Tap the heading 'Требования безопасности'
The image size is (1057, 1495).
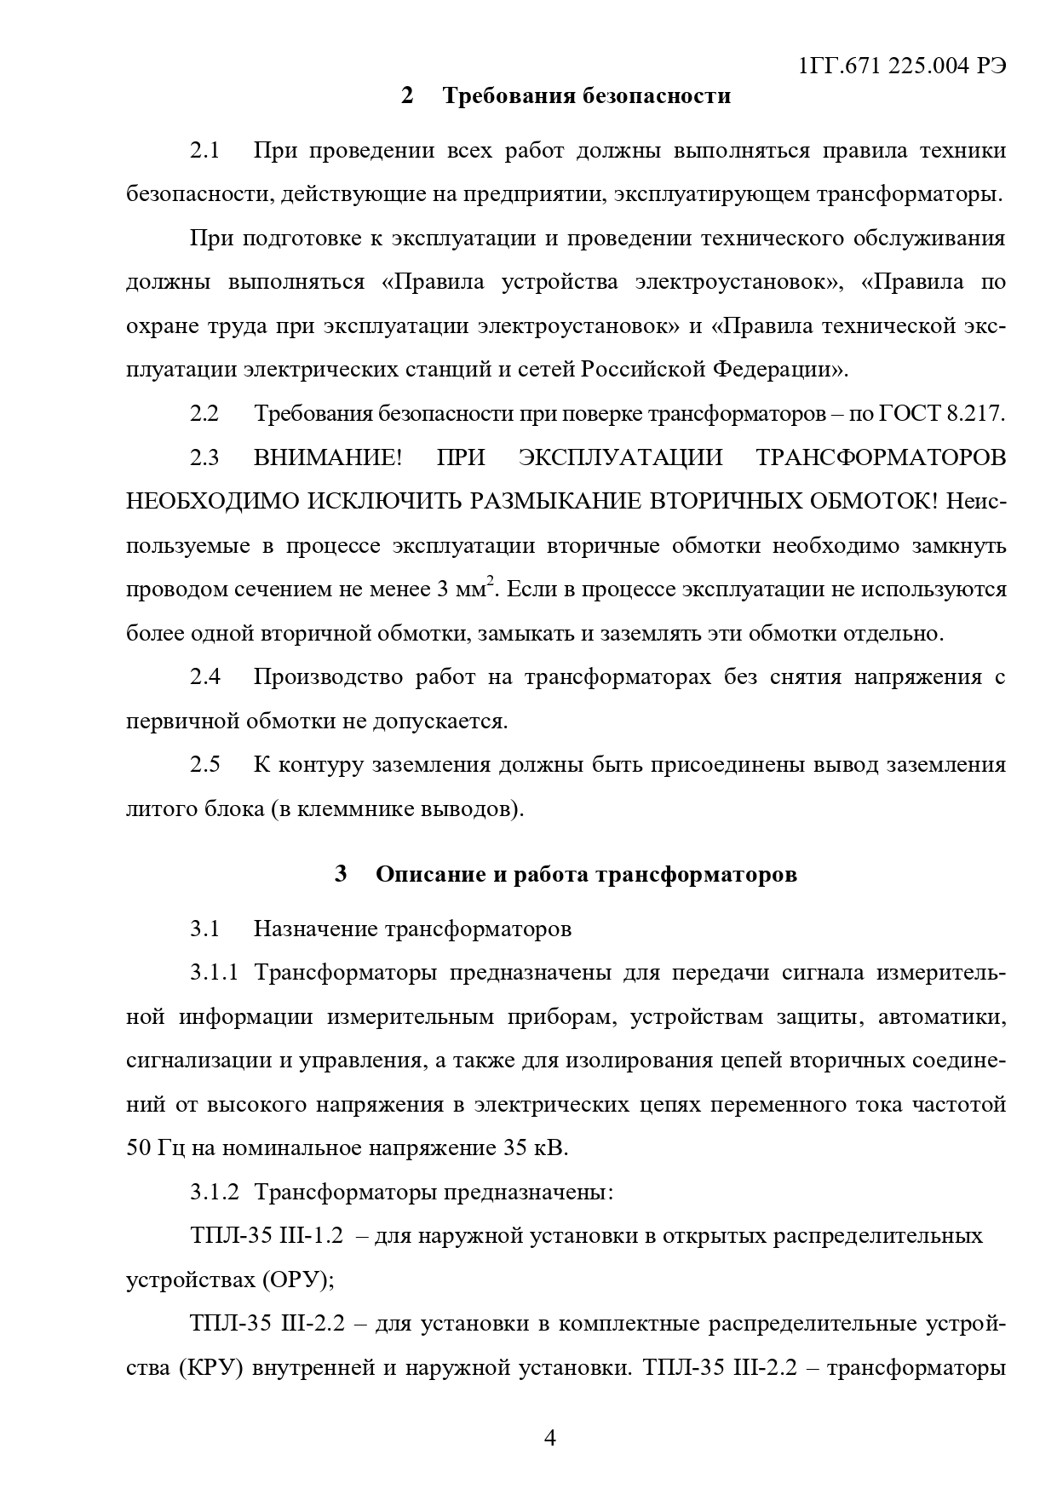(586, 95)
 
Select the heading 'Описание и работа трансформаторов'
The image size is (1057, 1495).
(586, 874)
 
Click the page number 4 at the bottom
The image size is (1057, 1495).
(549, 1439)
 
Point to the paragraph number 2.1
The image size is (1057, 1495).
(204, 152)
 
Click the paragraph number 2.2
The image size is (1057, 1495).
(204, 414)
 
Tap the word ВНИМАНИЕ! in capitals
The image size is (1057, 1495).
(327, 458)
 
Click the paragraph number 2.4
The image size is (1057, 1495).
(204, 677)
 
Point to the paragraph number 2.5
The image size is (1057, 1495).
(204, 765)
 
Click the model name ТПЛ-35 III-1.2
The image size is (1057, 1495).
(267, 1236)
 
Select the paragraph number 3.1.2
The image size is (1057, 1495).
(215, 1192)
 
